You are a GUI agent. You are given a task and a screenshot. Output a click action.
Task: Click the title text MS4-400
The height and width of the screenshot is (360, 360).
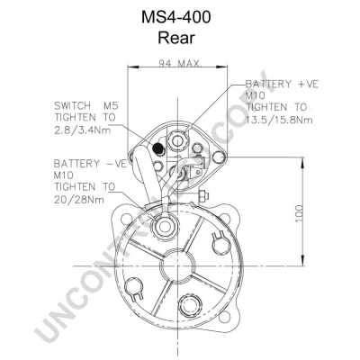[x=176, y=17]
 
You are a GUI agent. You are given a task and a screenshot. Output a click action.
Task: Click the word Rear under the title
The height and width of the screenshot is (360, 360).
[x=176, y=38]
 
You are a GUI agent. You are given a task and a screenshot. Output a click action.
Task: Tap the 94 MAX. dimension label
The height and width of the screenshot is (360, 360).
[x=180, y=63]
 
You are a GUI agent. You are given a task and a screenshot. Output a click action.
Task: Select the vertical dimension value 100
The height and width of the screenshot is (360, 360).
[x=300, y=213]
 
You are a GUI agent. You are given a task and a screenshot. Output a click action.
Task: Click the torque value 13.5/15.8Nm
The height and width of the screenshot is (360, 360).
[x=279, y=120]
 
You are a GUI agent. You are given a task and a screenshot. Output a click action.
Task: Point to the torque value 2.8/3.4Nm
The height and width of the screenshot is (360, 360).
[x=83, y=130]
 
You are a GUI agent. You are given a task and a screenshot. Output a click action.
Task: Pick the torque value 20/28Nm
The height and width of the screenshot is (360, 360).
[x=79, y=200]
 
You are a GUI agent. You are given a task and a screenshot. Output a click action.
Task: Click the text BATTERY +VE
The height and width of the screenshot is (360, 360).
[x=282, y=85]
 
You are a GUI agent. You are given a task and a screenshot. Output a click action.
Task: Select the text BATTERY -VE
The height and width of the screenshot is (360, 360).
[x=90, y=164]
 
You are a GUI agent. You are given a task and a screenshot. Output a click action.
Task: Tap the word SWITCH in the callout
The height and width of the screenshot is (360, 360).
[x=72, y=105]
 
